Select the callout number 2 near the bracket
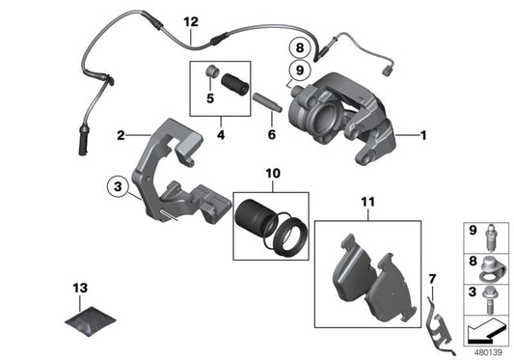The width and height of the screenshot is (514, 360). click(121, 136)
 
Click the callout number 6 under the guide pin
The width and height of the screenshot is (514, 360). click(271, 137)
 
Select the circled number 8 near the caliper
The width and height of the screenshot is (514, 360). click(300, 47)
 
